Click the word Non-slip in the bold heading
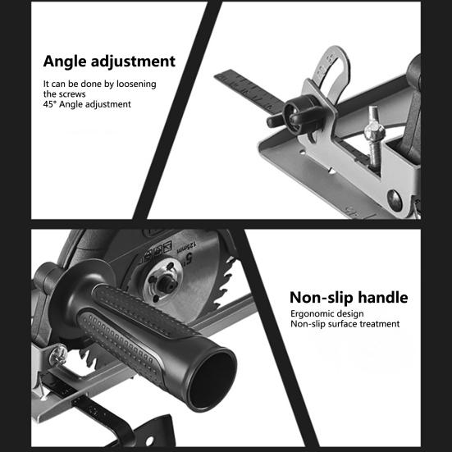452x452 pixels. coord(320,297)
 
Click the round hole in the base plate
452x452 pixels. coord(394,199)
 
